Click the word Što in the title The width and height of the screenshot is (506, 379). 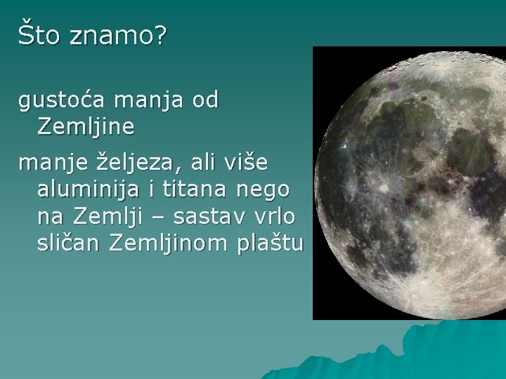[x=39, y=35]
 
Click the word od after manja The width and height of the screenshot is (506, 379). [x=205, y=101]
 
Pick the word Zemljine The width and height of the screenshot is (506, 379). [x=86, y=127]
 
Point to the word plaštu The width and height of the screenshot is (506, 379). [x=271, y=244]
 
